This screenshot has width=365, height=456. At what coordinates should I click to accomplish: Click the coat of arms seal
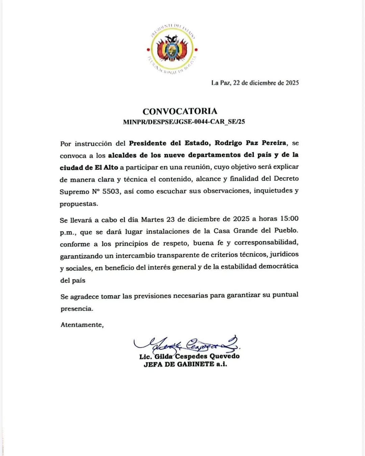[172, 49]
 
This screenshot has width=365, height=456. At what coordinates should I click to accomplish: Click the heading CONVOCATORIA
[180, 111]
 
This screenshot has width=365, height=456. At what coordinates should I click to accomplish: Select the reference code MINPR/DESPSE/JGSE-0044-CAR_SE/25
[184, 122]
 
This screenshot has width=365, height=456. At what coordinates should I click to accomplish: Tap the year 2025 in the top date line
[292, 83]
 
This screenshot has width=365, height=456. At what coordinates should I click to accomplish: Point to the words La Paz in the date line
[220, 83]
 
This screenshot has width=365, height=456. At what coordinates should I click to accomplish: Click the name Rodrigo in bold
[228, 143]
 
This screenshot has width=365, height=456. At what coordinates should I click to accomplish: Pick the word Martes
[152, 219]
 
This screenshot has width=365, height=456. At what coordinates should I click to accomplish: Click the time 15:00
[289, 219]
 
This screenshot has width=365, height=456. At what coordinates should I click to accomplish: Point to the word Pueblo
[286, 231]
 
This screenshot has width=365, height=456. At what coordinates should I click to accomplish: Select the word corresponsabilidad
[266, 243]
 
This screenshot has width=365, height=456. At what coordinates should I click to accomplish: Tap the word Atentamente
[81, 325]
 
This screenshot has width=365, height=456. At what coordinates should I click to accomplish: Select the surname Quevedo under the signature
[224, 356]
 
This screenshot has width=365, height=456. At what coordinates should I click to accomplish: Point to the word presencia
[76, 309]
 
